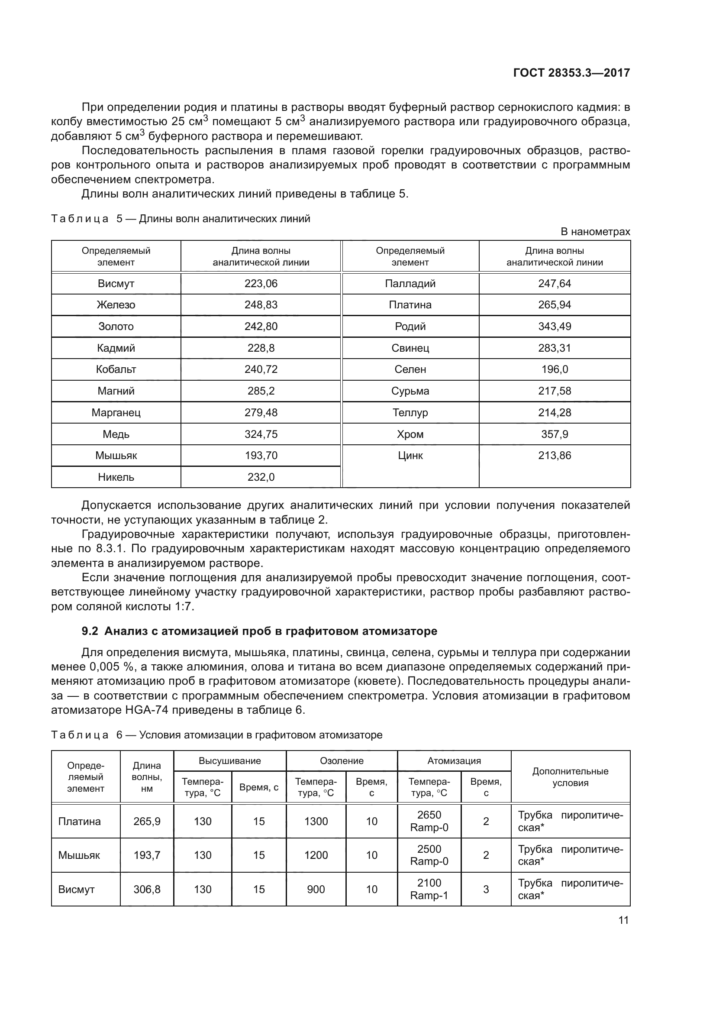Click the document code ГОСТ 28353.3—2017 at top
(x=571, y=73)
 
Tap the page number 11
(x=623, y=920)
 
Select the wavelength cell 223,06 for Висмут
(x=261, y=284)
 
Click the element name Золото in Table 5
(x=116, y=327)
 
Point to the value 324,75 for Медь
(x=261, y=434)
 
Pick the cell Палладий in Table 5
(x=410, y=284)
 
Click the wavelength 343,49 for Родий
(x=554, y=327)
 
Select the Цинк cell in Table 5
(x=410, y=456)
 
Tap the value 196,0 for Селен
(x=554, y=369)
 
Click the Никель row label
(x=116, y=477)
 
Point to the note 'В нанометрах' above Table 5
(x=595, y=232)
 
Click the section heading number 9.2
(x=90, y=631)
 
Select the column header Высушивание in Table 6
(x=230, y=761)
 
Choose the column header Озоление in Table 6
(x=342, y=761)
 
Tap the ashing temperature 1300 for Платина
(x=316, y=821)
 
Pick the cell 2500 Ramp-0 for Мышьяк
(x=429, y=855)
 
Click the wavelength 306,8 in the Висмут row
(x=147, y=889)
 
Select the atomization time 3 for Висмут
(x=486, y=889)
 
